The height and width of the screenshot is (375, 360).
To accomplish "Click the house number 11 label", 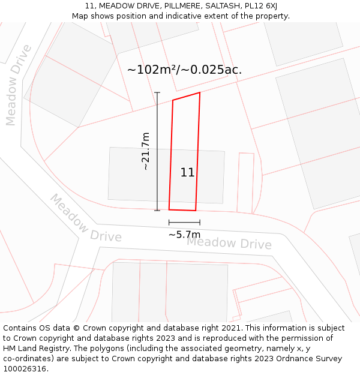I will [187, 173].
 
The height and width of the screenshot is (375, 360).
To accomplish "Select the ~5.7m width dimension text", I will [184, 235].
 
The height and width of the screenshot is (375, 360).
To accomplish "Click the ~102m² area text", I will [153, 70].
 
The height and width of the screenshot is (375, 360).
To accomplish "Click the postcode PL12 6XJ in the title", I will [261, 6].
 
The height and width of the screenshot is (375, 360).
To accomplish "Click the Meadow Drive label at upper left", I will [18, 85].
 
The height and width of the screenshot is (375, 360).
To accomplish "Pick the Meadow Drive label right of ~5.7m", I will [229, 244].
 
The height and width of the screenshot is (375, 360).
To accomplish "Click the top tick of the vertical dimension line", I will [157, 92].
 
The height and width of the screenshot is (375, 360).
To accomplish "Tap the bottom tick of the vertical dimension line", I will [157, 211].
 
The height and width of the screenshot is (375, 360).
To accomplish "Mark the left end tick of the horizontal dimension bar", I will [169, 223].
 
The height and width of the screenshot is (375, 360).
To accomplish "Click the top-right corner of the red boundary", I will [200, 92].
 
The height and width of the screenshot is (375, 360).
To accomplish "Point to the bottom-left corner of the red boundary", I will [169, 209].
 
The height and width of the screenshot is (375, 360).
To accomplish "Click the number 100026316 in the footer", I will [26, 369].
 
